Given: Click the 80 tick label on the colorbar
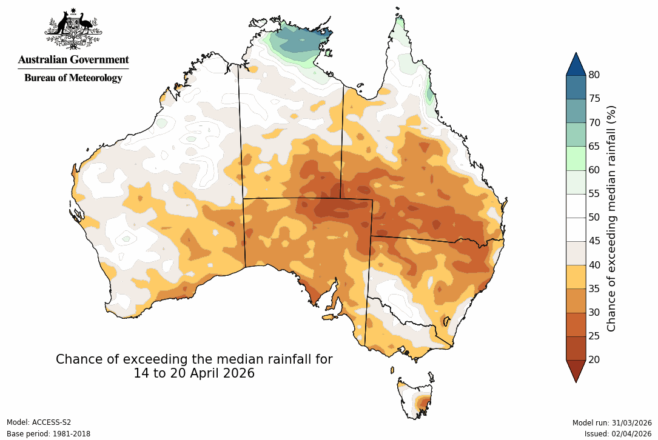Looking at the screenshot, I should [x=594, y=75].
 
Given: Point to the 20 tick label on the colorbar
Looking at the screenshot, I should [x=594, y=359].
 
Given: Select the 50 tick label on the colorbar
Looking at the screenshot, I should [x=594, y=217].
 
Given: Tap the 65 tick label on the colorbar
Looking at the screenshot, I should [x=594, y=146].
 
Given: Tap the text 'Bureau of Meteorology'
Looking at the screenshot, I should [x=73, y=78].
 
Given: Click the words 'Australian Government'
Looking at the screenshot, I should [x=73, y=59].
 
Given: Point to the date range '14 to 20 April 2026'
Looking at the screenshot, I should [x=194, y=373].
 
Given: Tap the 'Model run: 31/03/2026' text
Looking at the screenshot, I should [x=612, y=422].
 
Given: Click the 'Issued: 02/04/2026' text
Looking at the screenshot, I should [x=618, y=434].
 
